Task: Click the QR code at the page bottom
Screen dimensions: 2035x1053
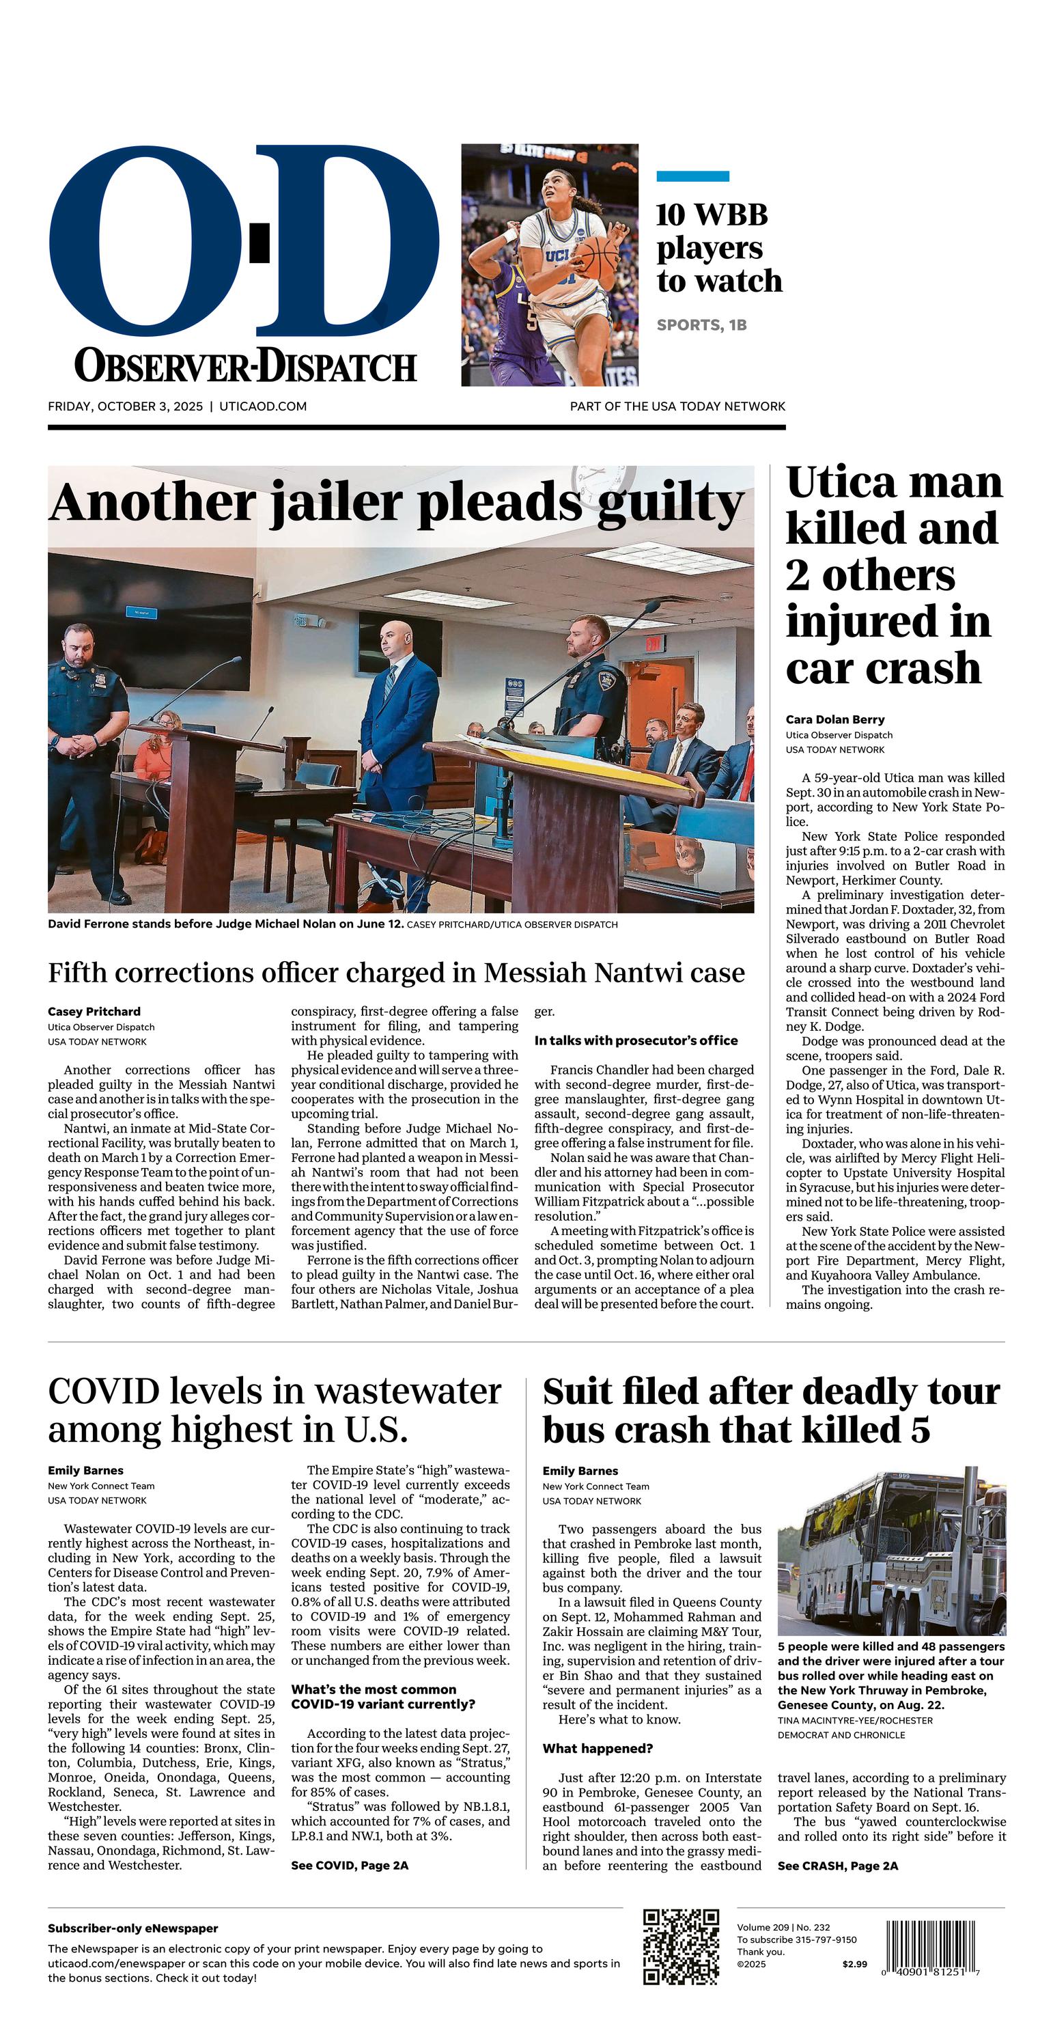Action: pos(680,1946)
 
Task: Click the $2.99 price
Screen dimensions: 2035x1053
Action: pos(854,1964)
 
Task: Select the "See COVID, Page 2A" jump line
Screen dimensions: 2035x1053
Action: pos(349,1865)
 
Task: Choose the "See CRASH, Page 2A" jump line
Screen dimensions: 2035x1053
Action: pos(837,1865)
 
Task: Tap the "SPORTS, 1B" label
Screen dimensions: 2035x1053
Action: pos(701,324)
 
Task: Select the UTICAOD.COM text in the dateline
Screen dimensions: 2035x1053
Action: pos(263,406)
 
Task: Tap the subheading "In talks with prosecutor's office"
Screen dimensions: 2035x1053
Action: pos(636,1040)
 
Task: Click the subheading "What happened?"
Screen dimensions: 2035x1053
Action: pos(598,1748)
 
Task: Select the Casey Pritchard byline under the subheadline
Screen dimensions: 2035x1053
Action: pos(94,1011)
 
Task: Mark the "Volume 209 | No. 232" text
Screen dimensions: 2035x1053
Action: pos(783,1928)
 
